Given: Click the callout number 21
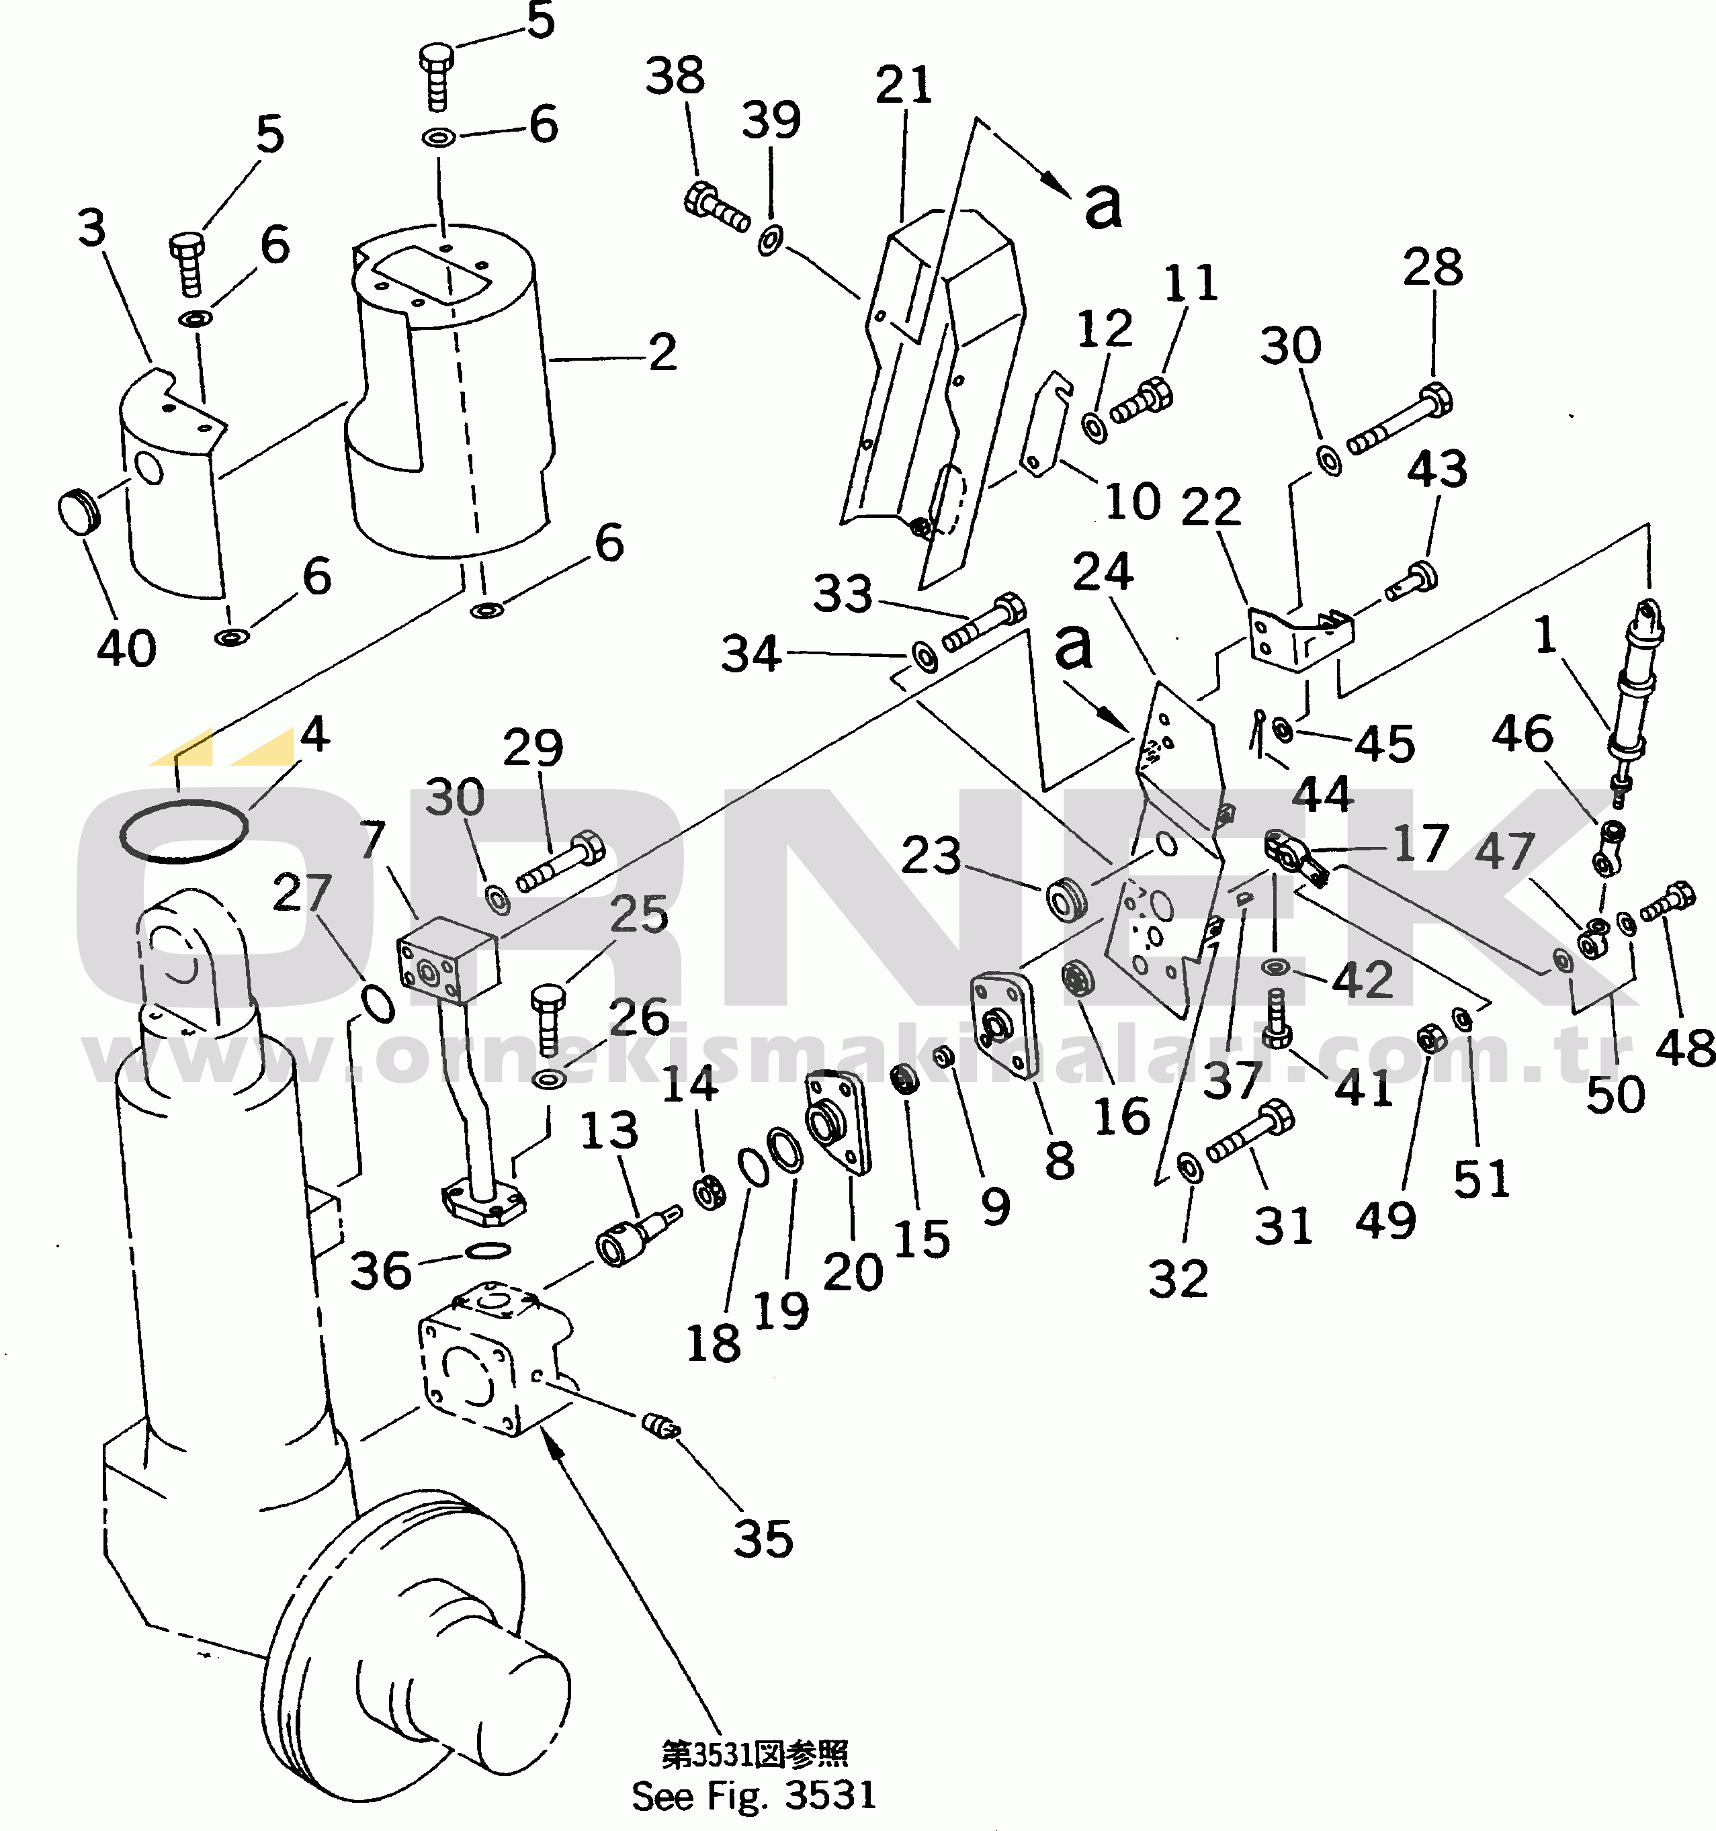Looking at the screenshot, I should click(904, 86).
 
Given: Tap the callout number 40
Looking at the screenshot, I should click(127, 650).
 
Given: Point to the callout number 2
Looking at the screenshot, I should click(662, 353).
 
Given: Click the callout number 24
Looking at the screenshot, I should click(1103, 573).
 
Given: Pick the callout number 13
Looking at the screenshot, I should click(609, 1131).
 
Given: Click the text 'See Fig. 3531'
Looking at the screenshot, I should click(753, 1795).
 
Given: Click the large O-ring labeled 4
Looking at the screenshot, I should click(183, 832).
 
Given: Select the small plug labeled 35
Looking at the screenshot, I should click(661, 1429).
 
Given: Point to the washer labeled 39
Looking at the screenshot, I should click(770, 241).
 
